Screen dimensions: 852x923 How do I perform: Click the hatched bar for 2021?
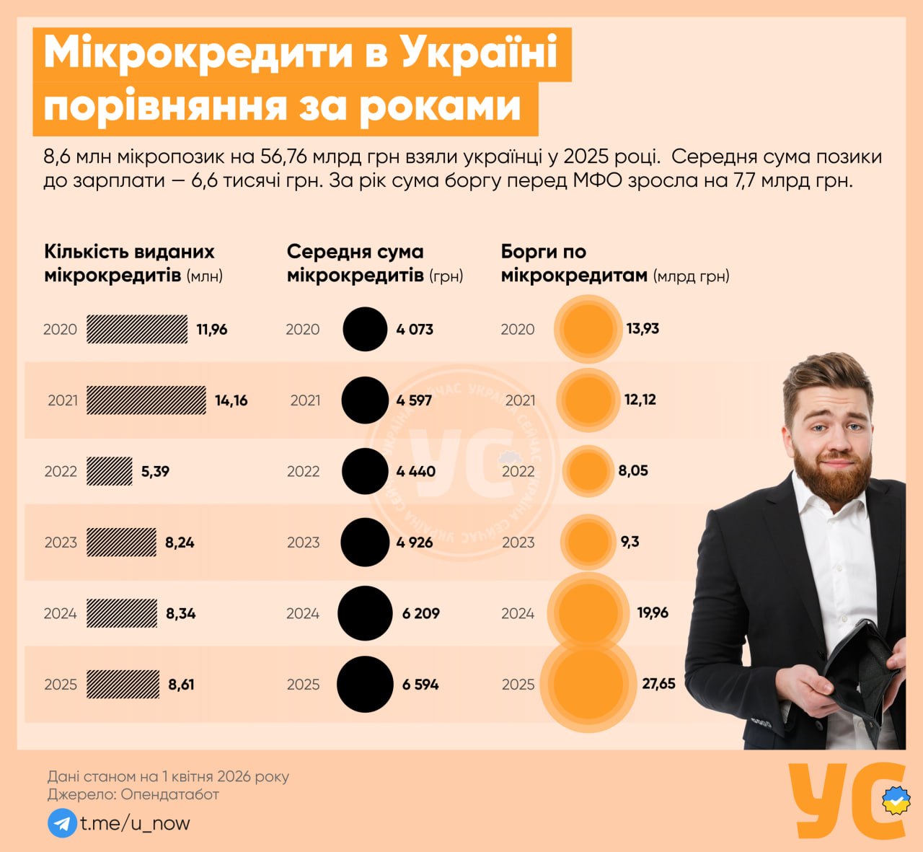click(146, 400)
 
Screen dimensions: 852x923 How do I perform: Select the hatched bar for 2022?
click(110, 471)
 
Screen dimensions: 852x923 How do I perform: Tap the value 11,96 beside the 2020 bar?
click(212, 330)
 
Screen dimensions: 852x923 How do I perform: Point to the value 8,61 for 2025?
click(181, 685)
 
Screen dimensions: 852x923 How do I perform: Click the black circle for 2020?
click(365, 329)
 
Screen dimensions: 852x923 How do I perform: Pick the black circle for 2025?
click(365, 684)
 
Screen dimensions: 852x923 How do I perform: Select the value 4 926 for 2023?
click(415, 543)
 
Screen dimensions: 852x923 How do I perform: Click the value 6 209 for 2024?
click(421, 613)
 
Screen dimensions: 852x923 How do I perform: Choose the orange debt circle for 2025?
click(588, 684)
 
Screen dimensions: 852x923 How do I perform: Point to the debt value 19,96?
click(653, 612)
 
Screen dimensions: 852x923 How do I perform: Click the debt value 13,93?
click(642, 328)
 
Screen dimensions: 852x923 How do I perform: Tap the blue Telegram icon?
click(62, 823)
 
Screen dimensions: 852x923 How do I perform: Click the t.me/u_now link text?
click(135, 823)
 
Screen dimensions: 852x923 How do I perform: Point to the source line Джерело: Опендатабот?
click(133, 794)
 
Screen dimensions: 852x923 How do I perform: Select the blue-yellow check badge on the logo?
click(896, 800)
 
